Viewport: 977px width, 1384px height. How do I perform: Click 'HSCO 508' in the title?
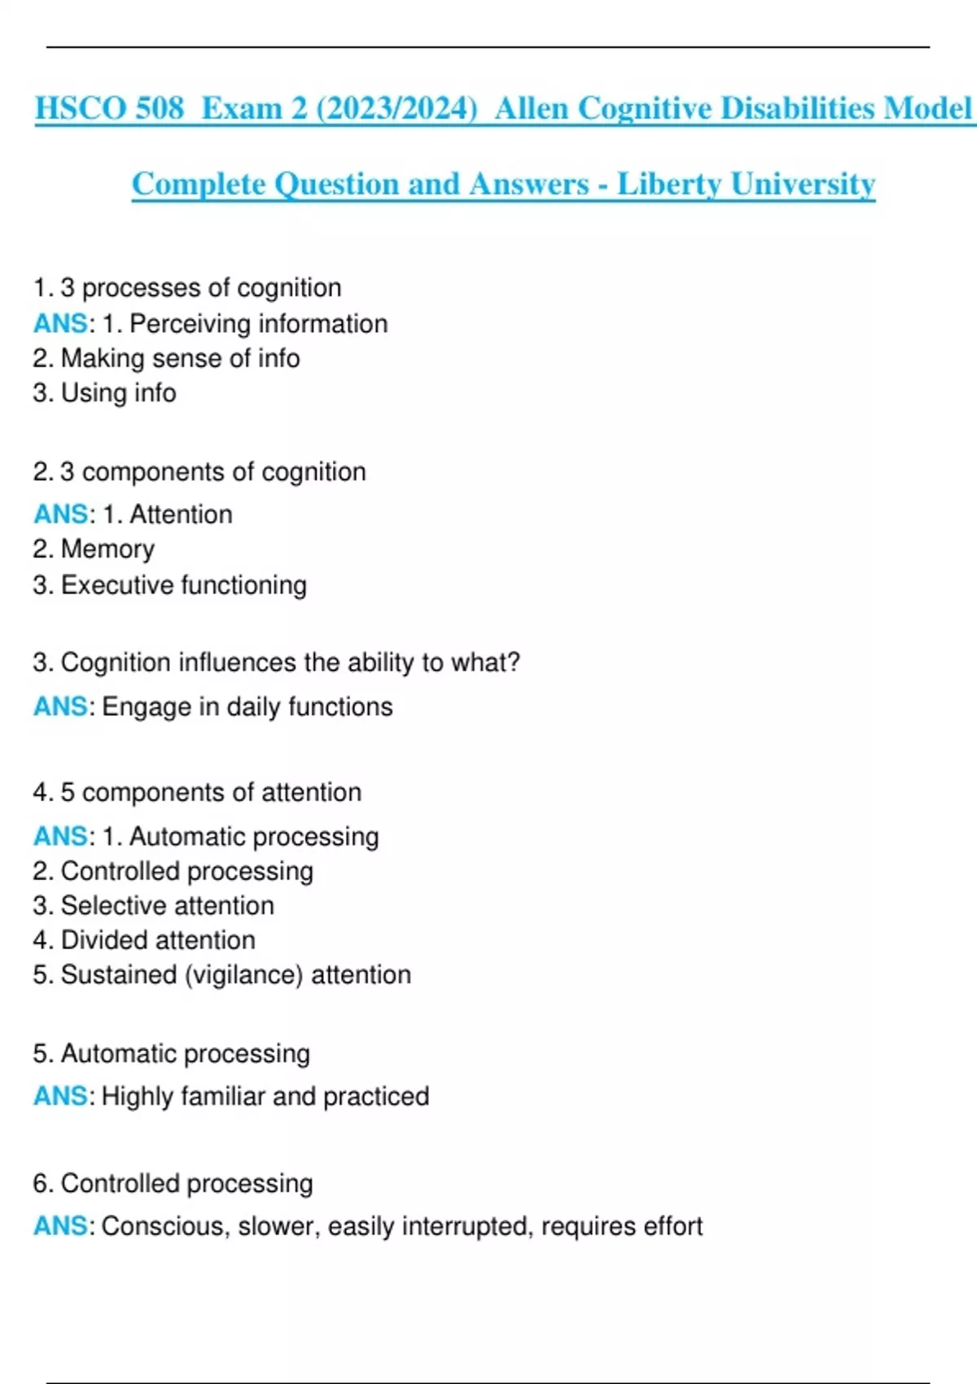[x=109, y=108]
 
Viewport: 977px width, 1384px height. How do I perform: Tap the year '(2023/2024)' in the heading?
[x=396, y=108]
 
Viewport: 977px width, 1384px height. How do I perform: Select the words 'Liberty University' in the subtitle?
[x=746, y=184]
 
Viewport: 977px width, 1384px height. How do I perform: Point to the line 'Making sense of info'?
[x=166, y=358]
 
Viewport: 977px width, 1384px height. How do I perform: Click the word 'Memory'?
[x=107, y=550]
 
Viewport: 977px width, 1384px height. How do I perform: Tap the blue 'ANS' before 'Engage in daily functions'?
[x=60, y=707]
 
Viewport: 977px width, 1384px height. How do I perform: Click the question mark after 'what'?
[x=513, y=662]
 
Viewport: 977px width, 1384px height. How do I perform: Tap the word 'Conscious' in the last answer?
[x=163, y=1226]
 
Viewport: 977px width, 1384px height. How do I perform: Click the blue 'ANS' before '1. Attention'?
[x=60, y=515]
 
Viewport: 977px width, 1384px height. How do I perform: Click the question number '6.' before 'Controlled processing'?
[x=43, y=1184]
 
